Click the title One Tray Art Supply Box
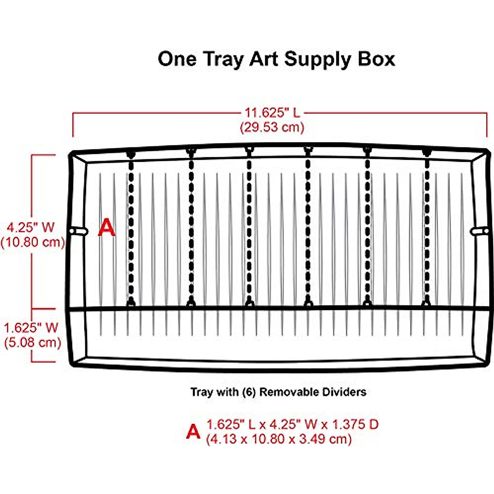click(x=276, y=59)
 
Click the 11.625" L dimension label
click(x=273, y=112)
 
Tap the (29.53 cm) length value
click(x=273, y=127)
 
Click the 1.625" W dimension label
click(x=32, y=328)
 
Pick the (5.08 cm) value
click(x=33, y=342)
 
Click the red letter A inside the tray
click(x=106, y=228)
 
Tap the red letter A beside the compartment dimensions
click(x=193, y=431)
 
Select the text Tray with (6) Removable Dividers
click(x=278, y=391)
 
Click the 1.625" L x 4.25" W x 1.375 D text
click(x=292, y=424)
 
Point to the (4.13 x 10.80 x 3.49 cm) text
click(x=279, y=439)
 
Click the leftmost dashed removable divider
click(x=131, y=229)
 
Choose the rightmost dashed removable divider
click(x=426, y=229)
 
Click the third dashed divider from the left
click(x=249, y=229)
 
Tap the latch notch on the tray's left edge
click(x=79, y=231)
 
